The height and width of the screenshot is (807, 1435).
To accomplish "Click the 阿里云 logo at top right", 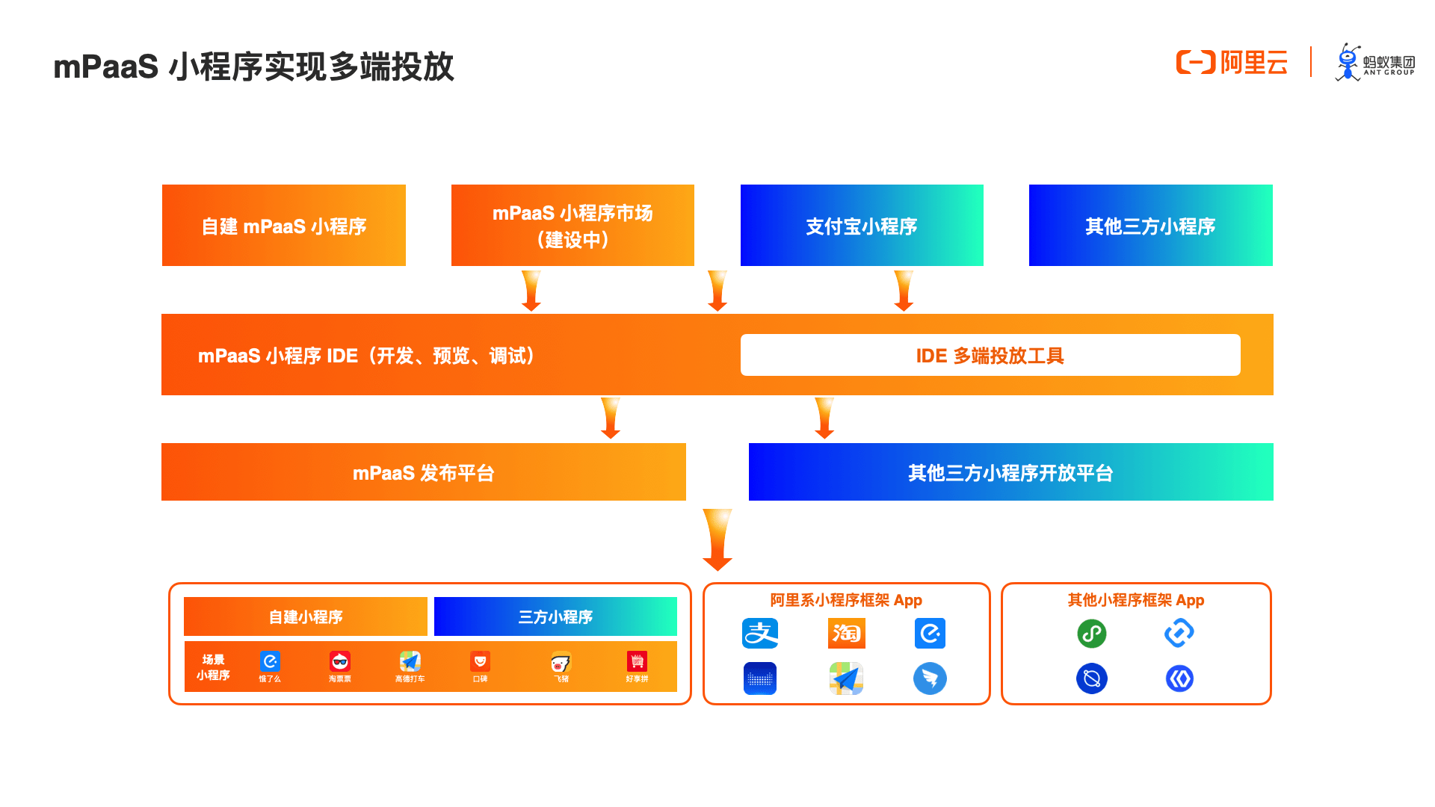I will coord(1232,63).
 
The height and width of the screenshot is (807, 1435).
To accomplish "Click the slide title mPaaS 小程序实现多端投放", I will coord(253,67).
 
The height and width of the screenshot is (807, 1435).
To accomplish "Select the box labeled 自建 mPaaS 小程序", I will coord(283,225).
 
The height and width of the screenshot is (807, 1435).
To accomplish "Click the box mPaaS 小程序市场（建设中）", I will coord(573,225).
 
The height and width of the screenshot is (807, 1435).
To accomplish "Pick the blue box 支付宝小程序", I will coord(861,225).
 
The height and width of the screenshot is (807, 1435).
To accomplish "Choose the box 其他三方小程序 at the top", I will coord(1150,225).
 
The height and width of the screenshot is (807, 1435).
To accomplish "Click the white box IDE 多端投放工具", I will coord(990,355).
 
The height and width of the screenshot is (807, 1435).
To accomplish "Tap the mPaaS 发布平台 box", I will coord(423,472).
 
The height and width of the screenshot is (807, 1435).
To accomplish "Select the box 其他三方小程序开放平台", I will coord(1010,472).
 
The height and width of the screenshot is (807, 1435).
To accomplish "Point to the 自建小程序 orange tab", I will coord(305,616).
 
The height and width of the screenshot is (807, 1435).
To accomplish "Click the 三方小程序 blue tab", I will coord(555,616).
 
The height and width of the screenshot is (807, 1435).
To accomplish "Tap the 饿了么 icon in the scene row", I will coord(270,662).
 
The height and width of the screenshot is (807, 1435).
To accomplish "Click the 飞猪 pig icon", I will coord(561,663).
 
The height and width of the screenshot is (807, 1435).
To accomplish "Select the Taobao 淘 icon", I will coord(846,634).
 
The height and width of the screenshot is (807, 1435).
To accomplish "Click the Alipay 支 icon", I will coord(760,634).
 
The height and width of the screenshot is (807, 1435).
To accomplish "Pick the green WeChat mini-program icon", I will coord(1091,634).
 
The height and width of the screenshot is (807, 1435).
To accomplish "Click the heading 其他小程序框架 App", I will coord(1135,600).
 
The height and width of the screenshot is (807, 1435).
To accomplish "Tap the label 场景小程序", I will coord(213,667).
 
